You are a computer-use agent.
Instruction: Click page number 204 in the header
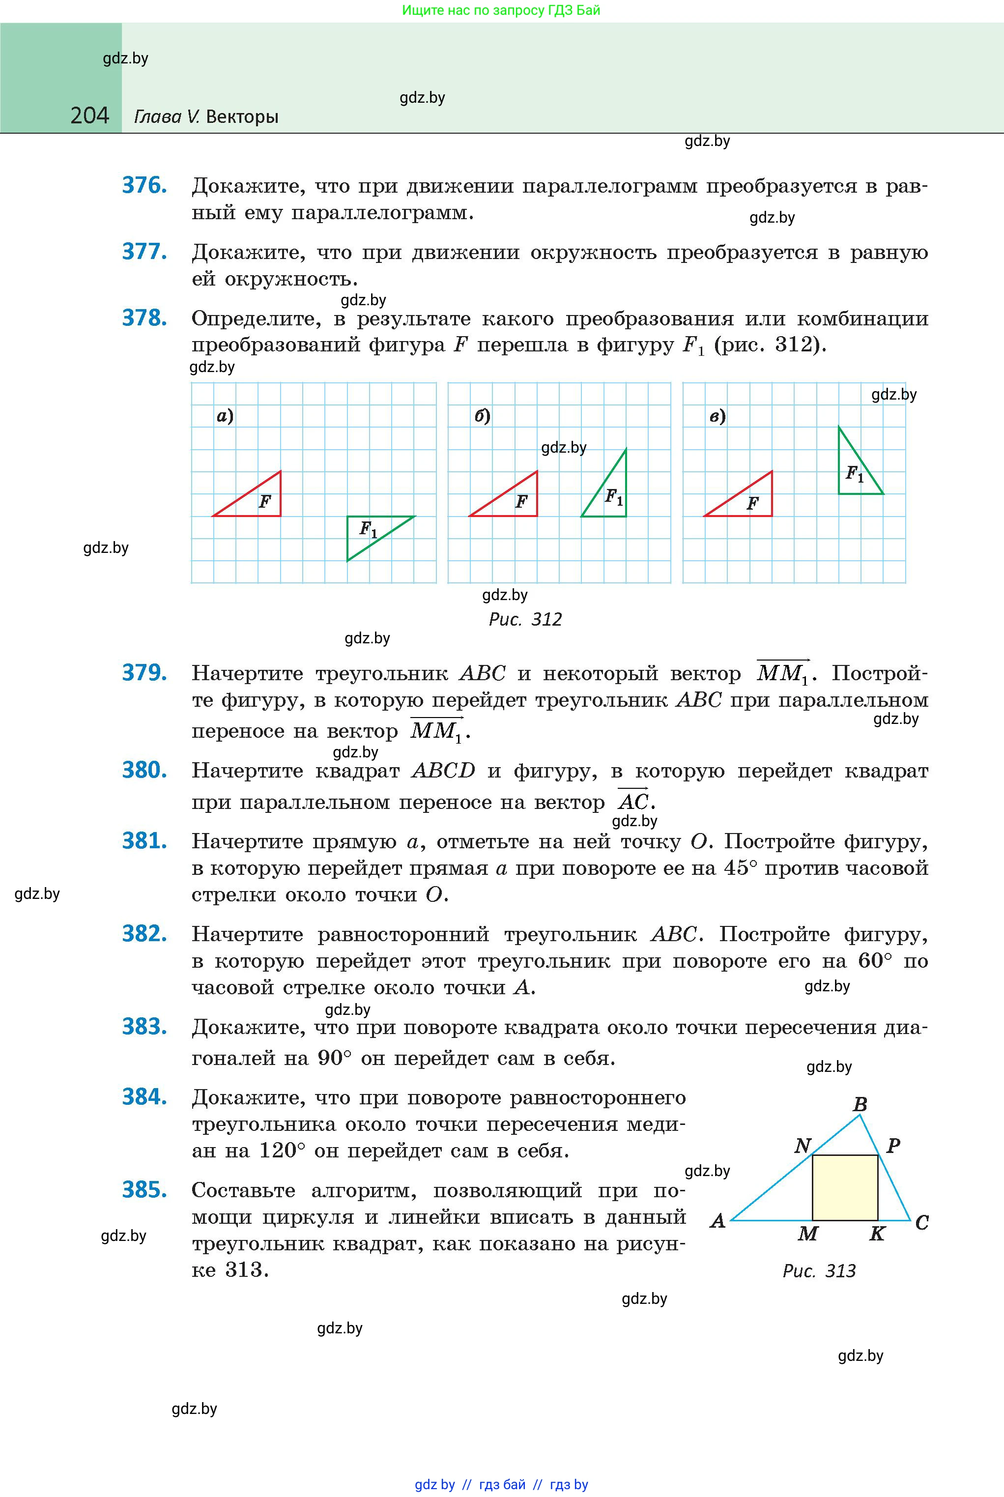(x=89, y=116)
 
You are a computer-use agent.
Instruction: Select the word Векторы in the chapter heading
(x=243, y=117)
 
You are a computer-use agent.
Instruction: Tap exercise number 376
(x=144, y=186)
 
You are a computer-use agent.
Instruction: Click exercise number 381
(x=144, y=841)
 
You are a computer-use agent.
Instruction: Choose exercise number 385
(x=144, y=1190)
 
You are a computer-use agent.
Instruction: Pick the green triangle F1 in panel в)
(x=855, y=471)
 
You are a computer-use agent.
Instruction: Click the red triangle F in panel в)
(x=749, y=501)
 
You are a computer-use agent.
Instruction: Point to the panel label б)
(x=482, y=416)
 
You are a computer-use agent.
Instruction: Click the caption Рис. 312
(x=525, y=619)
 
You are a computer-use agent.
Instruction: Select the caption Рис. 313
(x=819, y=1271)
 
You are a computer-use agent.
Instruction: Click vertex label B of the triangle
(x=860, y=1104)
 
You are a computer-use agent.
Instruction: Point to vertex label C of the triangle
(x=921, y=1222)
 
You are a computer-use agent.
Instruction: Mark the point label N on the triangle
(x=803, y=1146)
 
